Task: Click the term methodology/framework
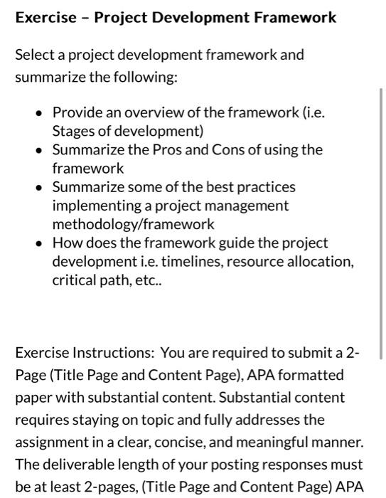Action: [x=133, y=224]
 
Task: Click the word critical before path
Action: [x=75, y=280]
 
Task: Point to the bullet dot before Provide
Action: [x=39, y=113]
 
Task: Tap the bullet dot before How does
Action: [x=39, y=243]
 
